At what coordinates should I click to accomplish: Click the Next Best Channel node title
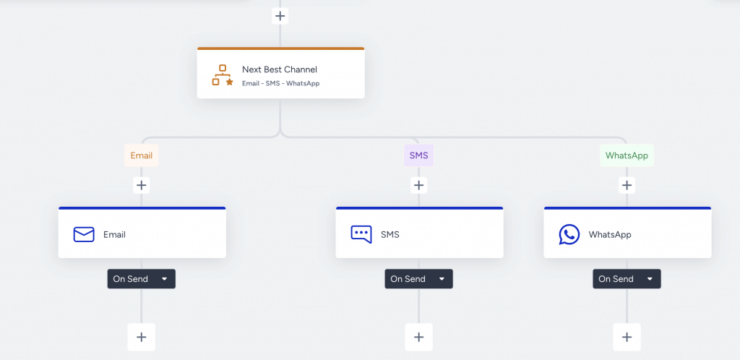pos(279,69)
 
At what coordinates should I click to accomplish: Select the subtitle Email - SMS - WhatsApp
pos(280,83)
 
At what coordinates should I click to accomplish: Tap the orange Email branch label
pos(141,155)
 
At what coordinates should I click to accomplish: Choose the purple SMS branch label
pos(418,155)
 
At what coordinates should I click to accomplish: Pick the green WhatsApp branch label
pos(627,155)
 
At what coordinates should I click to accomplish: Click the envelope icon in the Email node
pos(84,234)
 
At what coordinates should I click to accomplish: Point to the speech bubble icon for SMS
pos(361,234)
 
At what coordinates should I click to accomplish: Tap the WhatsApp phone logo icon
pos(569,234)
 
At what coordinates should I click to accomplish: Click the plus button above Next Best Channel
pos(280,16)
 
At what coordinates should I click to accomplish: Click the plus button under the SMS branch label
pos(418,185)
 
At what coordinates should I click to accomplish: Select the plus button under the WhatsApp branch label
pos(627,185)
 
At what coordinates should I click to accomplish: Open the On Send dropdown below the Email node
pos(141,279)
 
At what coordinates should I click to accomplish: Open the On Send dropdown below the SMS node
pos(418,279)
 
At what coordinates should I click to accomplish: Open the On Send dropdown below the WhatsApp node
pos(627,279)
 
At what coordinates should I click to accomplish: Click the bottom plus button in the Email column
pos(141,337)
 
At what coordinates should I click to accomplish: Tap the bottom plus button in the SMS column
pos(418,337)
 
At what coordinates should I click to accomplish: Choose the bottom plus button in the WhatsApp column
pos(627,337)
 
